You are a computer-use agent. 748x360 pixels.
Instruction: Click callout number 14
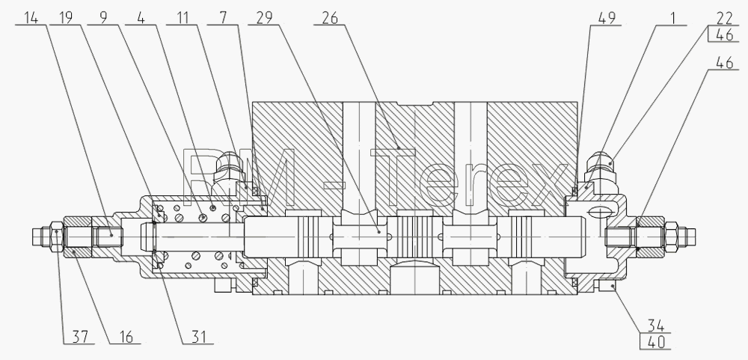[x=31, y=18]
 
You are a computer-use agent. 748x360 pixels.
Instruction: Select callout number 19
[x=67, y=18]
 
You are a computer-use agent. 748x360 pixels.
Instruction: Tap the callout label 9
[x=103, y=18]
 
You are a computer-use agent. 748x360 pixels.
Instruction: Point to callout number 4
[x=141, y=18]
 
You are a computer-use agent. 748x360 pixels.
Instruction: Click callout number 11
[x=182, y=18]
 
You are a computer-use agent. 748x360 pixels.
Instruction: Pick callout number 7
[x=223, y=18]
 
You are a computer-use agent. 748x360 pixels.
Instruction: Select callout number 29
[x=264, y=18]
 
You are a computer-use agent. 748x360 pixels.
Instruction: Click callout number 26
[x=329, y=18]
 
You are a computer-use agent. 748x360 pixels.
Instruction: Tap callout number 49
[x=607, y=18]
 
